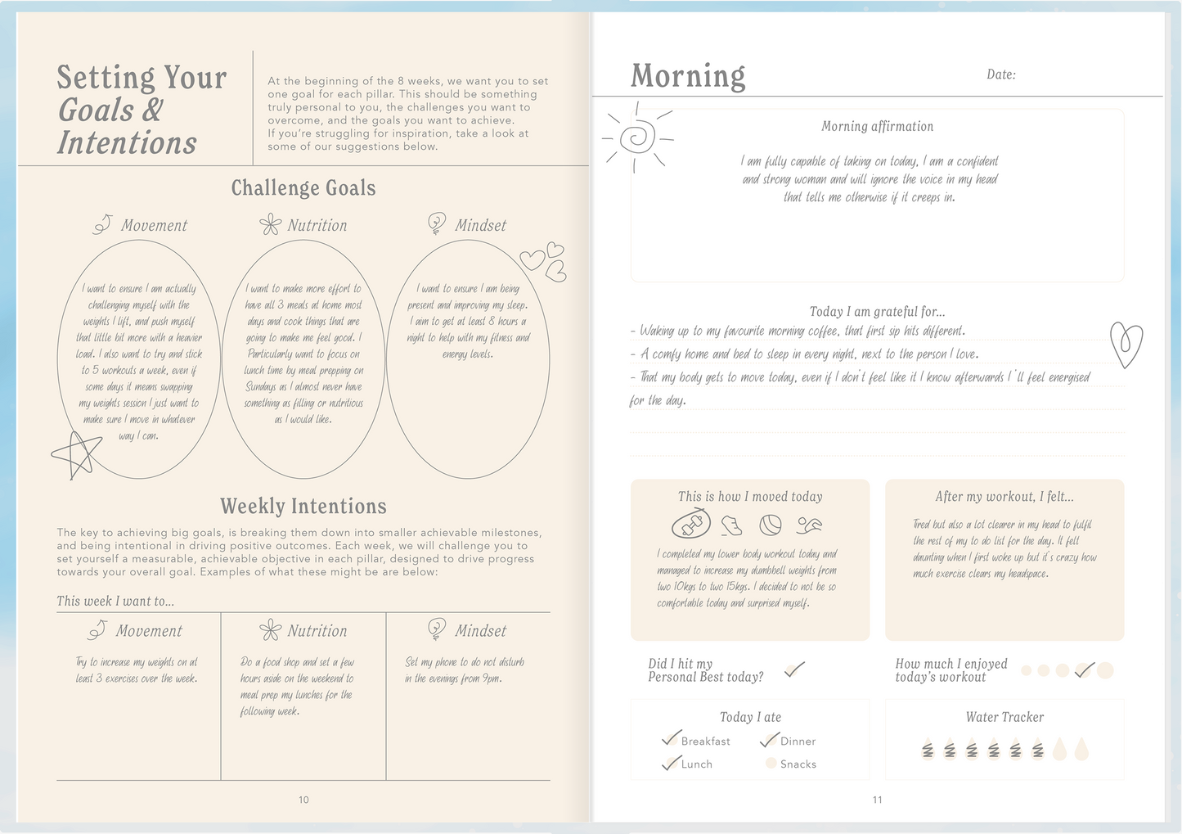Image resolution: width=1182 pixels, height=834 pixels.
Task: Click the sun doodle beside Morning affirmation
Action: pos(637,137)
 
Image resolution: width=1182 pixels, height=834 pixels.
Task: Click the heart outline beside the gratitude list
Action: pos(1126,344)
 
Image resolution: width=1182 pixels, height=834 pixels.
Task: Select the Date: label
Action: pos(1000,74)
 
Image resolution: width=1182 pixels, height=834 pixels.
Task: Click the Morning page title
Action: pos(688,76)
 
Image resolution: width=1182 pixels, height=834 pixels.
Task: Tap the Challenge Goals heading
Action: pos(303,188)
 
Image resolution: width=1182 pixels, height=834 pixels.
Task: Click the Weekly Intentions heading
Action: pos(303,506)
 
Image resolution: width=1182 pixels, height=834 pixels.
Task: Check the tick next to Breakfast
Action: pos(671,738)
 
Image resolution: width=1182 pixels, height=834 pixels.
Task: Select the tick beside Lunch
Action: pos(671,763)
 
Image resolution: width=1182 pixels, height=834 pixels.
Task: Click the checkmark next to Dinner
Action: pos(769,739)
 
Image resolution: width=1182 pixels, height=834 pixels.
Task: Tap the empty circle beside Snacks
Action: pos(771,763)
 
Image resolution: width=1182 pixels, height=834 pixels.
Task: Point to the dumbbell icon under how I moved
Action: pos(690,524)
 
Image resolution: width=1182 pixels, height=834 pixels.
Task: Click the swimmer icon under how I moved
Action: pos(808,525)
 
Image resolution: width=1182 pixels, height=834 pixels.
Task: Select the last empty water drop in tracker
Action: pos(1081,749)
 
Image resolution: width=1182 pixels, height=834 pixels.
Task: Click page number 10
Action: pos(303,800)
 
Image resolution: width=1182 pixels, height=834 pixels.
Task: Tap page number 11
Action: pos(877,800)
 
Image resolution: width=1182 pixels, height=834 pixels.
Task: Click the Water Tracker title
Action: pos(1004,717)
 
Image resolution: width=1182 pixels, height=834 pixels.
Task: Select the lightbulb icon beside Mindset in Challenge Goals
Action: pos(437,223)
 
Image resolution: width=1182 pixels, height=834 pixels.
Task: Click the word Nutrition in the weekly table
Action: pos(317,631)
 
